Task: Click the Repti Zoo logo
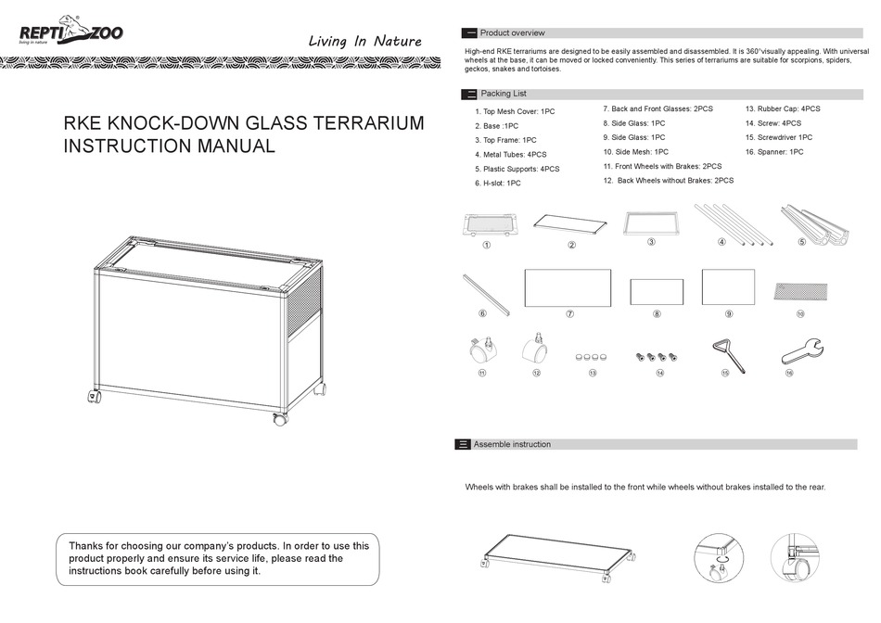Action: [70, 33]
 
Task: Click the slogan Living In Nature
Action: [364, 41]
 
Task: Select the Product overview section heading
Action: [512, 33]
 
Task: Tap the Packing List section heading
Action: [503, 94]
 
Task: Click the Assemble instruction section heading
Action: [512, 444]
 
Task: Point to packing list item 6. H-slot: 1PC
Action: [497, 184]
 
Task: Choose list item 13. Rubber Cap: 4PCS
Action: [783, 108]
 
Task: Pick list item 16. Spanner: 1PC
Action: [774, 151]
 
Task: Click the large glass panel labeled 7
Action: [567, 288]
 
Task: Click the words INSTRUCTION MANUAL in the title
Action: [169, 146]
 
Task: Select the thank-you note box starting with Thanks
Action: [218, 559]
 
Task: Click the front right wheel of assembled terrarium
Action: [279, 419]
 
